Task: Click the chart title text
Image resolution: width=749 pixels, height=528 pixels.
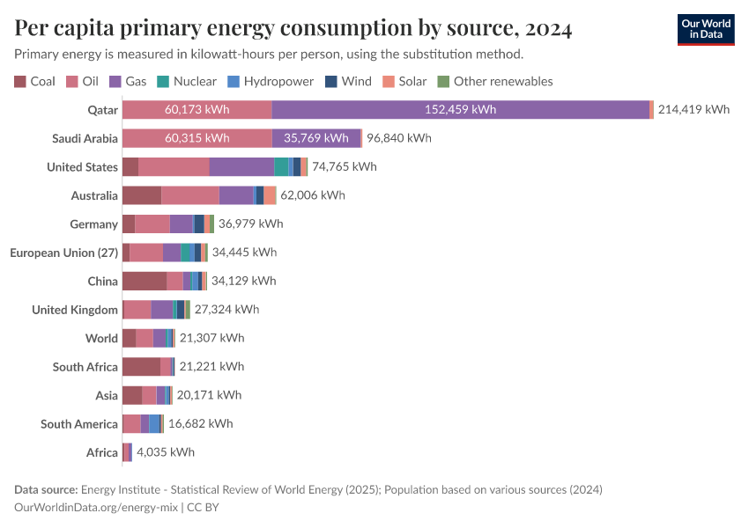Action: pos(293,29)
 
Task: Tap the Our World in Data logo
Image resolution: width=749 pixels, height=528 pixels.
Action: pos(705,29)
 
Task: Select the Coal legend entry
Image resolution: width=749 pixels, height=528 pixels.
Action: pos(34,81)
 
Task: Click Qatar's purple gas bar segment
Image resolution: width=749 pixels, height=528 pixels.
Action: pos(460,110)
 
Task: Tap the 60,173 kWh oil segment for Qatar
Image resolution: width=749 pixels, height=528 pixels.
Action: pos(197,110)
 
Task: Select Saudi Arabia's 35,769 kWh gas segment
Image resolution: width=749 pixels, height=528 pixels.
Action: pos(316,138)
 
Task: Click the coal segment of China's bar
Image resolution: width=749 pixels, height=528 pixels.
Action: pos(144,281)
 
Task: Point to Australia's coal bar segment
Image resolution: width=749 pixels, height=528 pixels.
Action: pos(141,195)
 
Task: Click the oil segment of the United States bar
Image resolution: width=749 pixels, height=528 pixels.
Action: pos(174,167)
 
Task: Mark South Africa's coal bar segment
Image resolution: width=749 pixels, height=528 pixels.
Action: pos(141,366)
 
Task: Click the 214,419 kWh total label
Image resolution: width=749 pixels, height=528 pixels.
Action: pos(693,110)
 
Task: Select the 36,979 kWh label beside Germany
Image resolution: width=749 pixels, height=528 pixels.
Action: pos(250,224)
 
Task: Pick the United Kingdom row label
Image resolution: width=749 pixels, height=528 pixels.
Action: pos(75,310)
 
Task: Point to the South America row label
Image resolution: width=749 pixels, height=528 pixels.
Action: pos(78,424)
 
